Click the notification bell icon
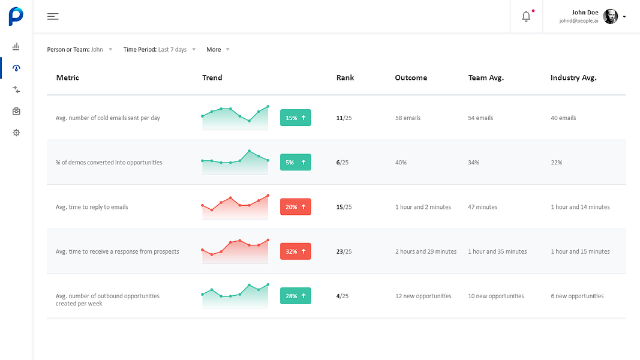click(526, 16)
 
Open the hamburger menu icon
click(53, 16)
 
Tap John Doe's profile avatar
click(610, 17)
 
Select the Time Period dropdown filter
click(160, 49)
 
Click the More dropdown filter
click(218, 49)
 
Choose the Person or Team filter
click(80, 49)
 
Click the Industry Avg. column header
click(573, 77)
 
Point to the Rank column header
click(345, 77)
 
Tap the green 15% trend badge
click(296, 118)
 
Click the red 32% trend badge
click(296, 251)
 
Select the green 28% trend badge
click(296, 296)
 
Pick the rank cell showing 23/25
click(344, 251)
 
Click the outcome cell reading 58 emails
click(408, 118)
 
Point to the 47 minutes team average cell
click(482, 207)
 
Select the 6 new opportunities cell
click(577, 296)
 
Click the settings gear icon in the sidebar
click(16, 133)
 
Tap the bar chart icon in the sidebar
click(16, 46)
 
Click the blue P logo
click(16, 16)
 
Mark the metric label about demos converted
click(109, 163)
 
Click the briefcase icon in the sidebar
click(16, 111)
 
